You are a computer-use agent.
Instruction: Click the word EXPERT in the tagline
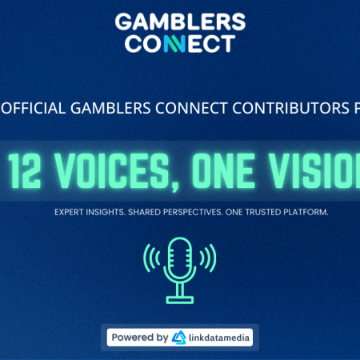71,212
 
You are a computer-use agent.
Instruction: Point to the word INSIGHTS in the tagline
113,212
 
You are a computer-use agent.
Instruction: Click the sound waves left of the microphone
151,257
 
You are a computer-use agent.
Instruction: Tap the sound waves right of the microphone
209,257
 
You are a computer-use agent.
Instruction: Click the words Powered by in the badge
139,338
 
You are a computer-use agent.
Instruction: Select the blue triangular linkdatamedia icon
179,338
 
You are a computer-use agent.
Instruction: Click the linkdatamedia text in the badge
218,338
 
